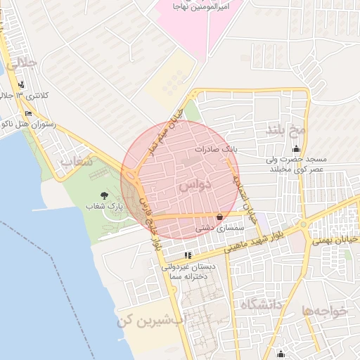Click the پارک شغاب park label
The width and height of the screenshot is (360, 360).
(x=109, y=207)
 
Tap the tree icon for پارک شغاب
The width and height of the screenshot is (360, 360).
(x=105, y=195)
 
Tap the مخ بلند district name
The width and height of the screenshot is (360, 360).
(x=286, y=129)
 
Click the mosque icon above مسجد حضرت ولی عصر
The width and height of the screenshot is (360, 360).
(x=296, y=148)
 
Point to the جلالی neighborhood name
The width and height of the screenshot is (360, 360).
(x=20, y=64)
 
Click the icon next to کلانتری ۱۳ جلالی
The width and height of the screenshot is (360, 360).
(x=22, y=85)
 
